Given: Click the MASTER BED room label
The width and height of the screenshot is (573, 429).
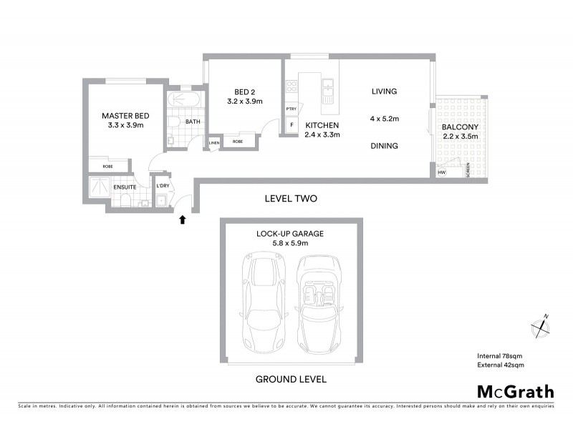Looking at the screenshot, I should pyautogui.click(x=125, y=115).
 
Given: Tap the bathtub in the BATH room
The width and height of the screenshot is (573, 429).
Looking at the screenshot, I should pyautogui.click(x=186, y=99).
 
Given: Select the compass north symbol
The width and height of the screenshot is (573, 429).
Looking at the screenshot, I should pyautogui.click(x=541, y=326).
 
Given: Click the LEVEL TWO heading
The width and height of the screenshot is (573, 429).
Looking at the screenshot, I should pyautogui.click(x=290, y=198).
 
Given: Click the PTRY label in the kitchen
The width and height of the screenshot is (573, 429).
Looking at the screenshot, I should pyautogui.click(x=291, y=109).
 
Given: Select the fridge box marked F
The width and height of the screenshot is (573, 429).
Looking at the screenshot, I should pyautogui.click(x=292, y=125).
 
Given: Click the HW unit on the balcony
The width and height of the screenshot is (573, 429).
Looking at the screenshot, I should pyautogui.click(x=441, y=172).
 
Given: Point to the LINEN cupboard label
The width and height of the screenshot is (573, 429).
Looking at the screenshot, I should pyautogui.click(x=213, y=143).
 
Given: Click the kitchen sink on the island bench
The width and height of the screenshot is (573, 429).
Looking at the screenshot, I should pyautogui.click(x=329, y=89).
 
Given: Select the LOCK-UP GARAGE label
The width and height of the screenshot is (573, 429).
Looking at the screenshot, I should pyautogui.click(x=292, y=234).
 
